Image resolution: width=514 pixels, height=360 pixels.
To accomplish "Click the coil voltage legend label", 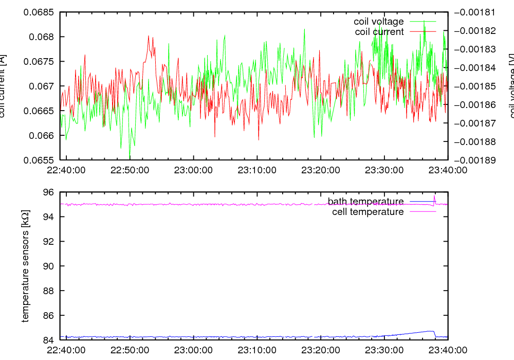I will tap(378, 22).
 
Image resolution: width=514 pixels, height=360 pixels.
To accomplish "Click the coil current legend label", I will tap(379, 32).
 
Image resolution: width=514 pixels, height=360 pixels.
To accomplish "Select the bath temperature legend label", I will tap(365, 201).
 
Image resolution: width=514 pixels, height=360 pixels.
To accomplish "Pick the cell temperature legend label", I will tap(368, 211).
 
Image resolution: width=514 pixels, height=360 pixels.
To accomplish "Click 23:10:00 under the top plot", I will tap(257, 170).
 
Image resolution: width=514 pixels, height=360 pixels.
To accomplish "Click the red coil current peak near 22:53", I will tap(149, 37).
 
